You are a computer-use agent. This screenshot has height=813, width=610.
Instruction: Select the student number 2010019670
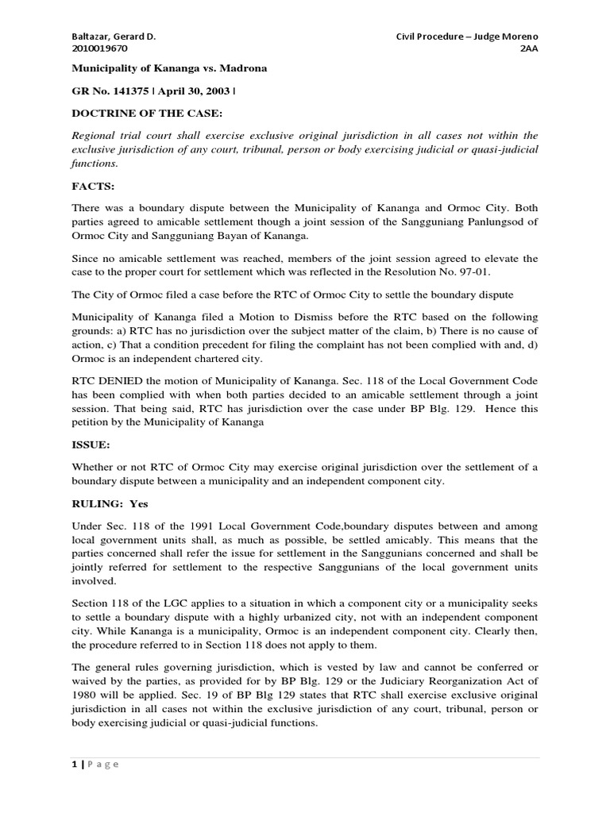(98, 48)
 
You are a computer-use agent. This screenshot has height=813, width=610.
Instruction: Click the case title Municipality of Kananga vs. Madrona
(170, 69)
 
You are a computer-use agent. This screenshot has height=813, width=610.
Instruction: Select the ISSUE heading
(92, 445)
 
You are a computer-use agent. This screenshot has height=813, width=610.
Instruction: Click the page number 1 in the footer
(74, 764)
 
